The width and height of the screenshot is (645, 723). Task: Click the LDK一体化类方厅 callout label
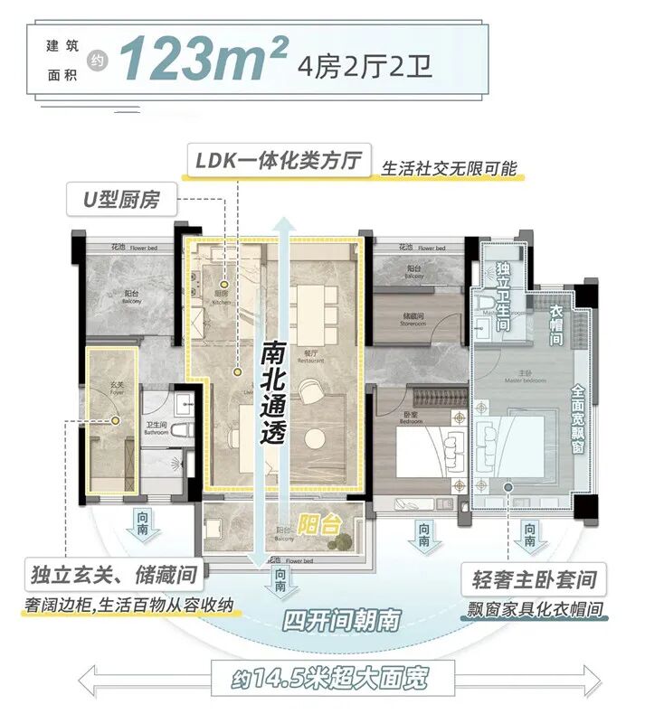[279, 161]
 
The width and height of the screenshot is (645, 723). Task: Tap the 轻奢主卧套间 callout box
[533, 578]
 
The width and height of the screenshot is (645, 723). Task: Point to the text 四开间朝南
[334, 622]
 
